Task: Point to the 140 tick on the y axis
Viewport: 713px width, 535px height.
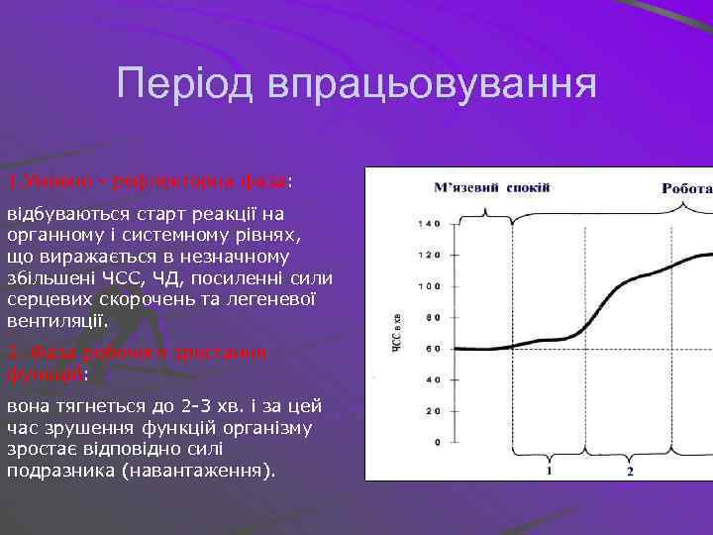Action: click(x=428, y=224)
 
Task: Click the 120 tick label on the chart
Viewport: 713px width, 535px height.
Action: click(x=428, y=256)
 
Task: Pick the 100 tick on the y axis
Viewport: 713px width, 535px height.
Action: click(x=428, y=286)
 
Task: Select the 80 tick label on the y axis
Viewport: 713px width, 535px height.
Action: click(x=431, y=318)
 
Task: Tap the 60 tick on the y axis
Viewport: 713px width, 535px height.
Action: click(x=431, y=349)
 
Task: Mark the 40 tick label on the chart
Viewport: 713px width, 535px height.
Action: click(x=431, y=379)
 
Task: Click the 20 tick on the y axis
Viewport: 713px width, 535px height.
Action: click(x=431, y=410)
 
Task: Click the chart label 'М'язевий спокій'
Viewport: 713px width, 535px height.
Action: click(x=491, y=187)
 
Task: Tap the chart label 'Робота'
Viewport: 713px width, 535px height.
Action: click(x=686, y=187)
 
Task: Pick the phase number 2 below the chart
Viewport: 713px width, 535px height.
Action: click(x=630, y=472)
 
